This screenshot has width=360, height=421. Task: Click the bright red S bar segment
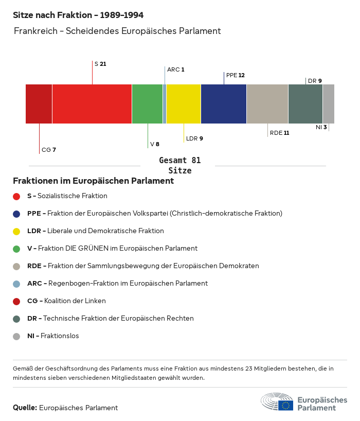click(x=92, y=103)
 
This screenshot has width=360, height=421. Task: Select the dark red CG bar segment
click(x=39, y=103)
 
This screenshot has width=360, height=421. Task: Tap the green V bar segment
click(x=147, y=103)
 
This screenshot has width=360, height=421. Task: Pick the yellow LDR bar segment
click(x=184, y=103)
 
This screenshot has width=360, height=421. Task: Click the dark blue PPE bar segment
click(x=224, y=103)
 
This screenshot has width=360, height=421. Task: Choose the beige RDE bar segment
click(x=267, y=103)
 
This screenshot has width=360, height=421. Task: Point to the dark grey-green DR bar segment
click(x=305, y=103)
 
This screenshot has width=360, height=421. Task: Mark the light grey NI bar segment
click(x=329, y=103)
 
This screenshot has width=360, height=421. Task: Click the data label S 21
click(x=100, y=64)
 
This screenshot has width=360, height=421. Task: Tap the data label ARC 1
click(x=175, y=69)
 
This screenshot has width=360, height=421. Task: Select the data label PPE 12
click(x=235, y=75)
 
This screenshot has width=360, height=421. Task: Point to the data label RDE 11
click(x=279, y=133)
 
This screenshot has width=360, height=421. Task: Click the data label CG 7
click(x=49, y=150)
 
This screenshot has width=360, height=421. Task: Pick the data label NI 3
click(x=321, y=127)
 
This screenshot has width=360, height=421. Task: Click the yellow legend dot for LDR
click(x=16, y=231)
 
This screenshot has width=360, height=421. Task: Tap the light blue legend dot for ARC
click(x=16, y=284)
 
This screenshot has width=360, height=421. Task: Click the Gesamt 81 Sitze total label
click(x=179, y=166)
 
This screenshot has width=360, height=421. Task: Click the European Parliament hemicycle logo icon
click(x=277, y=401)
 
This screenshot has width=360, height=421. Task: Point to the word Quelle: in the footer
click(x=25, y=408)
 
